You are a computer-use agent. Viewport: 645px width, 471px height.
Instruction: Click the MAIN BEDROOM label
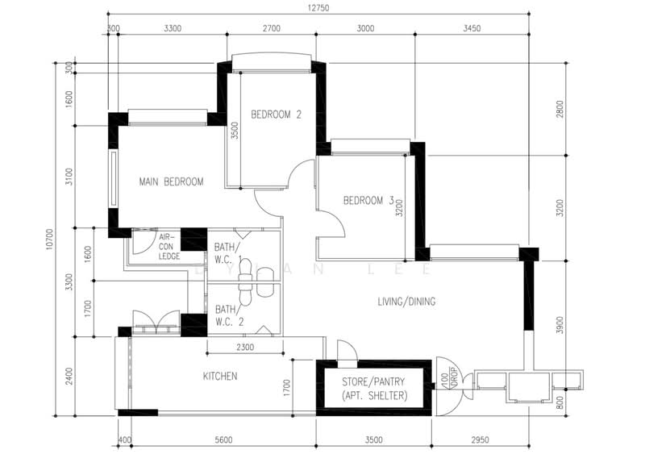(170, 181)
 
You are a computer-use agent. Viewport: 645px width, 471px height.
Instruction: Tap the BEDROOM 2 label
(275, 115)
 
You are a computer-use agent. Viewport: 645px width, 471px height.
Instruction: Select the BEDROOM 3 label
(368, 200)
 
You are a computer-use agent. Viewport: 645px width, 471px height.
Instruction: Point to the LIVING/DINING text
(406, 302)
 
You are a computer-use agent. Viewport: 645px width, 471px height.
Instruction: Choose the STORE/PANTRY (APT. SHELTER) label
(372, 389)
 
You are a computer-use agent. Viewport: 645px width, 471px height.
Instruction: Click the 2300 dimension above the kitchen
(246, 348)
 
